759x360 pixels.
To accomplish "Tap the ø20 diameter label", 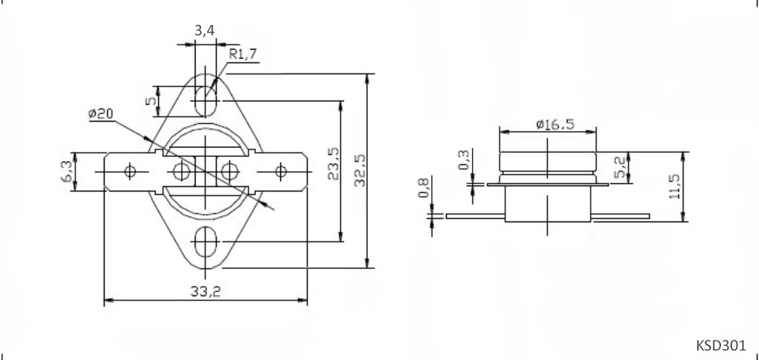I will [x=100, y=113].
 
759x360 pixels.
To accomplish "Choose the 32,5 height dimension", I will [x=360, y=169].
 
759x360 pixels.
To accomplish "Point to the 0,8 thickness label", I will [x=424, y=188].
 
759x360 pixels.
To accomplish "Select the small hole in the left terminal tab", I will [x=131, y=170].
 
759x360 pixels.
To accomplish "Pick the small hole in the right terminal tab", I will [x=280, y=170].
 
